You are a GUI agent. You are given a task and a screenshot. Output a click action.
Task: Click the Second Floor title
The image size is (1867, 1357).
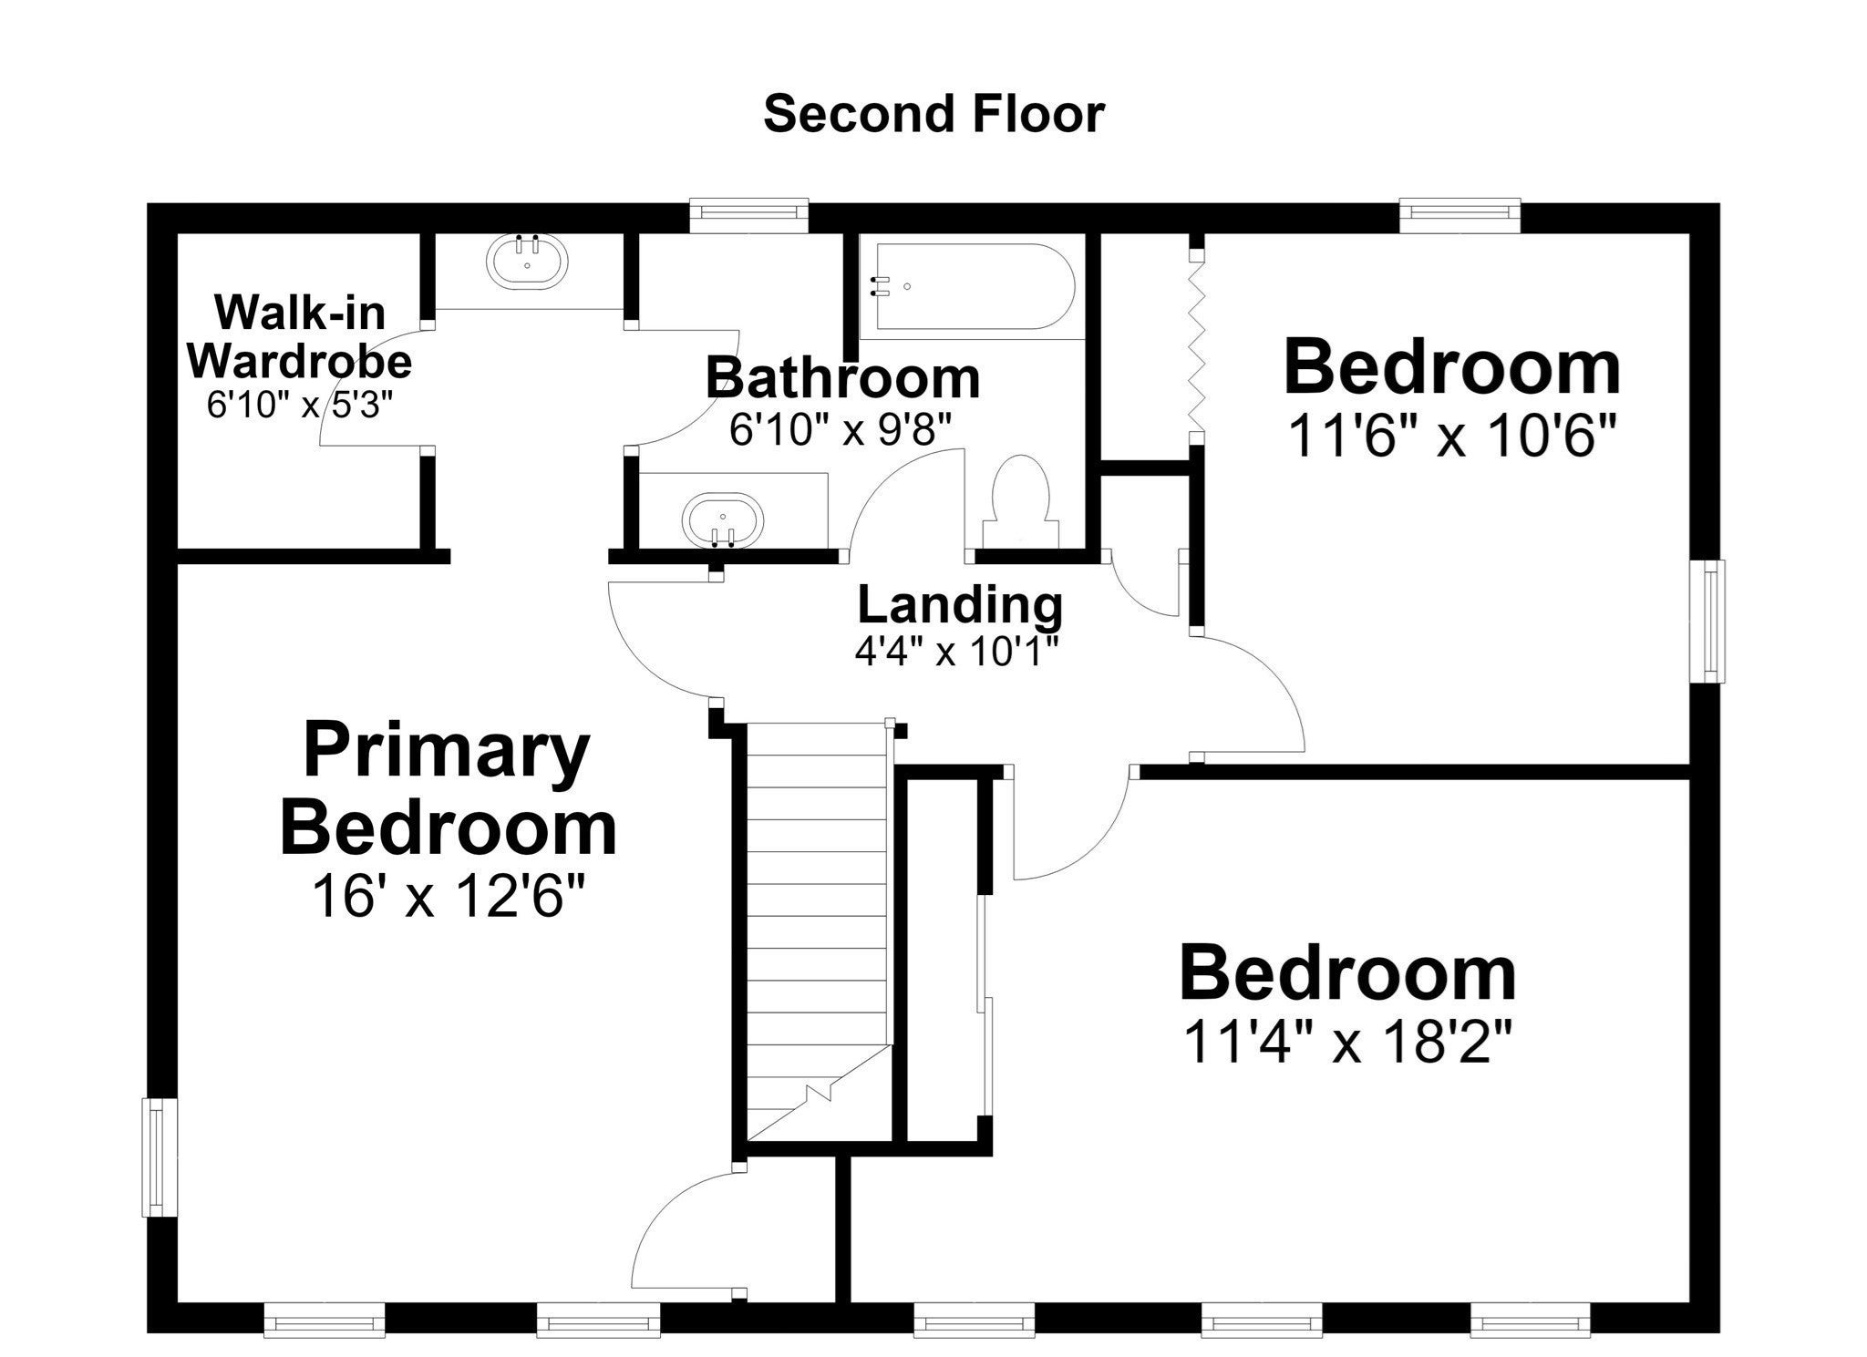[x=933, y=115]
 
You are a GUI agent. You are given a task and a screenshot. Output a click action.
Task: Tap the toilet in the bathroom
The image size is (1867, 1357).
[x=1021, y=501]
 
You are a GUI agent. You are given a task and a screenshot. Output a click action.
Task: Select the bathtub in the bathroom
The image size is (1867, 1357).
[x=972, y=287]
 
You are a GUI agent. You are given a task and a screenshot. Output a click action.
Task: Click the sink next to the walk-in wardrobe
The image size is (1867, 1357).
[x=528, y=262]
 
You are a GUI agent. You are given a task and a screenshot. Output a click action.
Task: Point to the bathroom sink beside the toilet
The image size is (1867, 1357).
[x=722, y=520]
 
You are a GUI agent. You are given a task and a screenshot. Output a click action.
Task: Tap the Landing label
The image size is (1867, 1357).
[x=960, y=604]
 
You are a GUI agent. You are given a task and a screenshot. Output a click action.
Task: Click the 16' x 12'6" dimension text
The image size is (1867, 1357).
[x=447, y=897]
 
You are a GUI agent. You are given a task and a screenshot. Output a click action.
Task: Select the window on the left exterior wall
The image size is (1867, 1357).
[x=159, y=1157]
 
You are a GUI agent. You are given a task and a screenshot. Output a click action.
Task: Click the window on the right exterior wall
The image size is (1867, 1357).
[x=1707, y=621]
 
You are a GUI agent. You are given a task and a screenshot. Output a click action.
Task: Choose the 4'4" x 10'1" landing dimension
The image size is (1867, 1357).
[x=956, y=652]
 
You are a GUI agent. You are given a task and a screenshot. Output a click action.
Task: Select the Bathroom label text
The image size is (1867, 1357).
[x=842, y=377]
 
